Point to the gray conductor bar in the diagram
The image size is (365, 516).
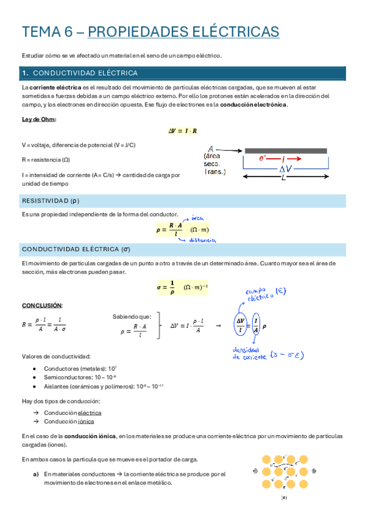tap(285, 150)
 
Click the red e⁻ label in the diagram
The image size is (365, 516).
tap(264, 159)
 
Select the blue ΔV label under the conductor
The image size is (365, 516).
tap(285, 169)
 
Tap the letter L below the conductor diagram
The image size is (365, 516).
tap(283, 178)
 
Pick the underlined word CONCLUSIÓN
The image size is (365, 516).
tap(42, 305)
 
